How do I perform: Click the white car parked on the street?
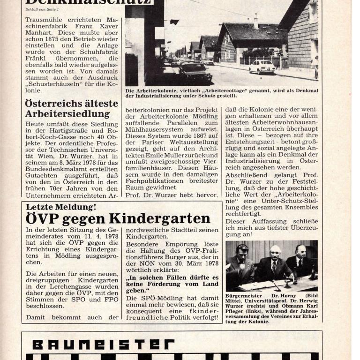click(x=262, y=67)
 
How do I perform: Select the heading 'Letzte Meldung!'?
click(x=61, y=207)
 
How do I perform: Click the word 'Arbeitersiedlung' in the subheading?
click(x=68, y=114)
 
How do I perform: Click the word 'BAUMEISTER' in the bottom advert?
click(x=103, y=345)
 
